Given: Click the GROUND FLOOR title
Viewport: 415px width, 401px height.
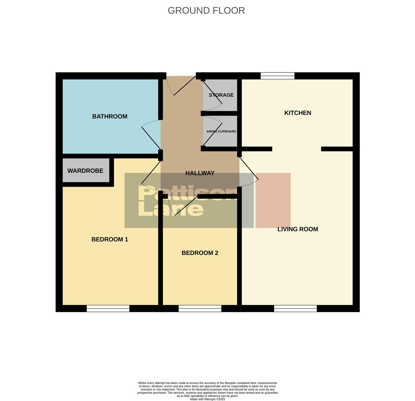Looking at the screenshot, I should point(206,11).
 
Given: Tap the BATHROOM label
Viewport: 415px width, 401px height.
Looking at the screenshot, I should point(110,116).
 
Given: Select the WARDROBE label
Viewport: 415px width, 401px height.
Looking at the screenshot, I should point(85,171).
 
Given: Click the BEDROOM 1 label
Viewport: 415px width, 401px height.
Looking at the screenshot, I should point(110,239).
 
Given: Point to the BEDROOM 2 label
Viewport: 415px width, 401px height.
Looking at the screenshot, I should point(200,253).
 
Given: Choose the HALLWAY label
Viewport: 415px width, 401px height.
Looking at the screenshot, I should point(200,173).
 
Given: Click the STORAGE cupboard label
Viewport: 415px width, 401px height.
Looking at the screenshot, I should point(221,95).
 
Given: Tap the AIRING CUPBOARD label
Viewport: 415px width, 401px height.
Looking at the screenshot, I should point(221,132).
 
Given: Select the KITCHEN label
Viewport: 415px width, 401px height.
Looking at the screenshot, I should point(297,113).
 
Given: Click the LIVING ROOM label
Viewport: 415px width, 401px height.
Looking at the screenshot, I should point(297,229).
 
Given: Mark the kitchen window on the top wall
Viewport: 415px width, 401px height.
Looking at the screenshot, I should point(277,76).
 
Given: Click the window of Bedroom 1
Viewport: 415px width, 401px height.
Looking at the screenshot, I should point(108,309).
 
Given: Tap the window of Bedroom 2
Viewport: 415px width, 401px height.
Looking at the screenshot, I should point(200,309).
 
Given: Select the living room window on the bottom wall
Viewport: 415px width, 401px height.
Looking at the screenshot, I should point(295,309).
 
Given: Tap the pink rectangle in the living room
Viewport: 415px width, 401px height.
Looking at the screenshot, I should point(273,200).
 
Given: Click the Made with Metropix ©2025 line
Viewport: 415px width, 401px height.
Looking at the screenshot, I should point(207,399).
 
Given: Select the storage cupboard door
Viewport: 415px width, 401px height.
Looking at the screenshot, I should point(213,93).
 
